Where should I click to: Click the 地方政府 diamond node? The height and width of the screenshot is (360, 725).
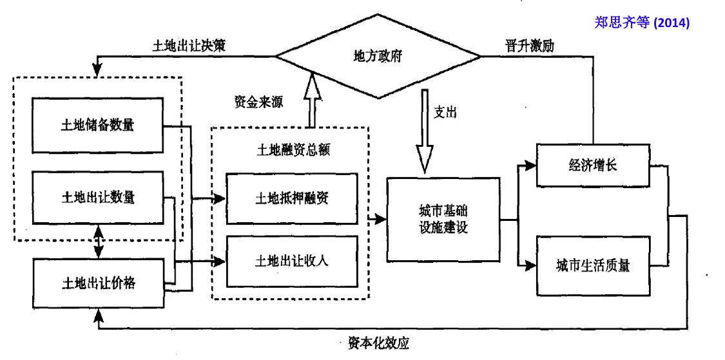(378, 56)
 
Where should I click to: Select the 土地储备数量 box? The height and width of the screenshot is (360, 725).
(97, 125)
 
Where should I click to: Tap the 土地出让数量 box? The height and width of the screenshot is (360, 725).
(97, 197)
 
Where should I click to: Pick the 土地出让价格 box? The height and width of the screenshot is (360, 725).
(97, 282)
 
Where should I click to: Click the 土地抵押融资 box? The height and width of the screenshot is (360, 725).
(291, 198)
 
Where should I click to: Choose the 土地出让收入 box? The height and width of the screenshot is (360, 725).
(291, 261)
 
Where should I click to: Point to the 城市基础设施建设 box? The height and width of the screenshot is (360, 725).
(443, 220)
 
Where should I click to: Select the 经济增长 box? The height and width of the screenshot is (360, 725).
(592, 165)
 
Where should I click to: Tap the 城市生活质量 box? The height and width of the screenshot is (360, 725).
(592, 265)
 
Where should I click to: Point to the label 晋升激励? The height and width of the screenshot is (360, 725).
(530, 46)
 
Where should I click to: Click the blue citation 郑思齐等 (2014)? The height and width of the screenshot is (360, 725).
(642, 23)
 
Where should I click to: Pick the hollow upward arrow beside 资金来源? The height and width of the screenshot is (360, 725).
(313, 100)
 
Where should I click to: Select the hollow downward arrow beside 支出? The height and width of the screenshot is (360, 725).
(425, 132)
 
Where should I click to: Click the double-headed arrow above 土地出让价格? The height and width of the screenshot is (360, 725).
(98, 241)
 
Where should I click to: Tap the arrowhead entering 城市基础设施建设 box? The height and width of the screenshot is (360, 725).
(380, 220)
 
